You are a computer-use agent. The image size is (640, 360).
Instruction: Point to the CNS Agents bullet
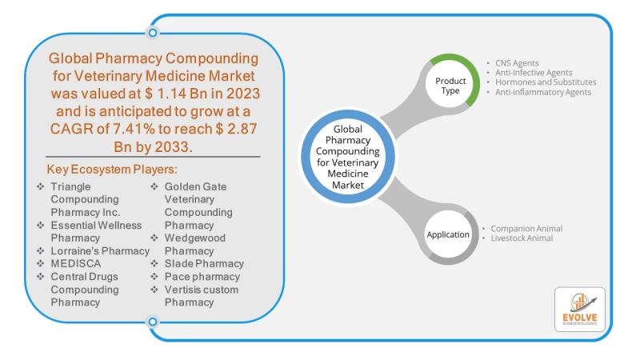click(517, 62)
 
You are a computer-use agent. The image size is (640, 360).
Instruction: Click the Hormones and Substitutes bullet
click(545, 82)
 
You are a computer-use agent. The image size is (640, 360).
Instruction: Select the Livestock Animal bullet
click(519, 238)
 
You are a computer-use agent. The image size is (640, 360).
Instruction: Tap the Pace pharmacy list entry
click(201, 277)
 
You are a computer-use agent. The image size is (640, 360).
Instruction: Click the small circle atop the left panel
click(152, 33)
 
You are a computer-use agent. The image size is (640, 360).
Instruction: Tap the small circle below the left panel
click(152, 322)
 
